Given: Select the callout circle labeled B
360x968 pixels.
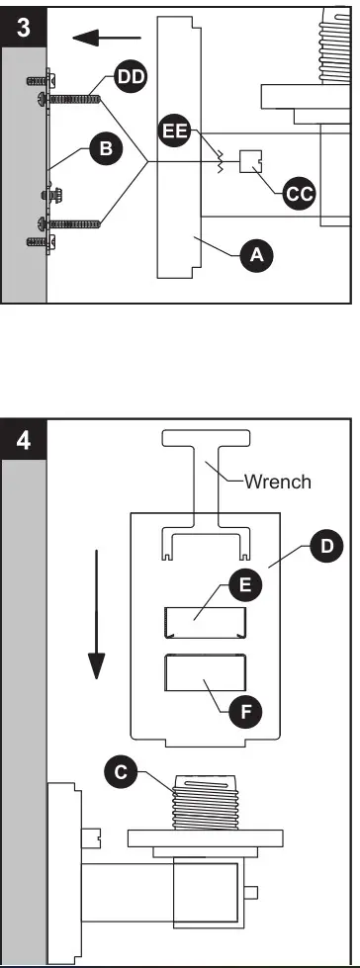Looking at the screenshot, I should [103, 149].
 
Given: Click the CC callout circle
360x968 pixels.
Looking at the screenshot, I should [297, 194].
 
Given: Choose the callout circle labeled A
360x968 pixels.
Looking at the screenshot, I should [256, 254].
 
